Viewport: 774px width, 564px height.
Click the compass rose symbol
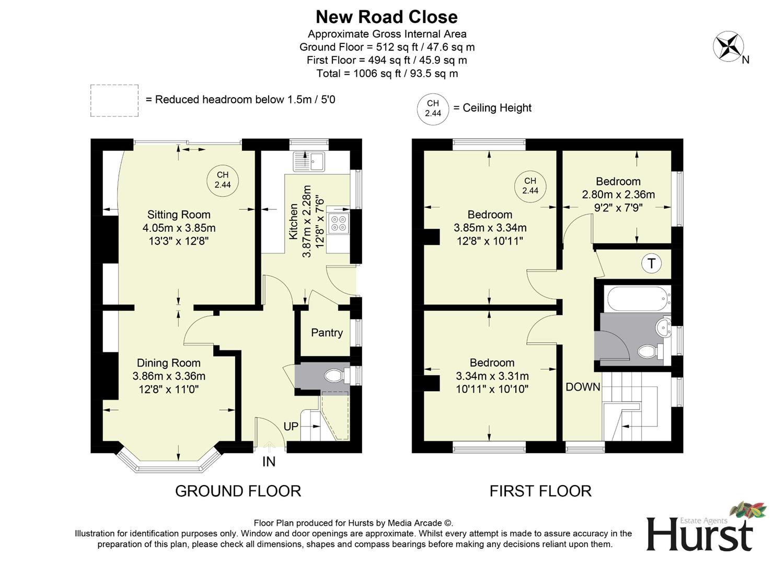(729, 46)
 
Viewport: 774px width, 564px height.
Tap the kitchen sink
(309, 161)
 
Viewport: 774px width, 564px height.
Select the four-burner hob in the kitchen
(338, 224)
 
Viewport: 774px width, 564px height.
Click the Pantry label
(327, 333)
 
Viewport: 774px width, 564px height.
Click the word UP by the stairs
(291, 427)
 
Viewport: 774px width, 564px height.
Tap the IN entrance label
(269, 462)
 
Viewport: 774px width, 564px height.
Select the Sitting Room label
(179, 215)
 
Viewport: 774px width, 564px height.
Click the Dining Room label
(168, 363)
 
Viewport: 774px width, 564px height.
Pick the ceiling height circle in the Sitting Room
(223, 180)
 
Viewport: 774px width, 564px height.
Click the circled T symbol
(651, 263)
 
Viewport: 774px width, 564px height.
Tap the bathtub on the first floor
(637, 298)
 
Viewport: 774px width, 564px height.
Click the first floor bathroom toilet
(648, 351)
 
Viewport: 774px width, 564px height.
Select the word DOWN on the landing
(583, 387)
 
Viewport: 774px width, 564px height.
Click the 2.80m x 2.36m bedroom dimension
(618, 195)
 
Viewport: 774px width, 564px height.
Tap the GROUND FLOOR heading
(238, 491)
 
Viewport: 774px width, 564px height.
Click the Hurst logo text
(700, 534)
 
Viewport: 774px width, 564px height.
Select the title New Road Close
(387, 17)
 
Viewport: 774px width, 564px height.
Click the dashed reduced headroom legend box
(114, 100)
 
